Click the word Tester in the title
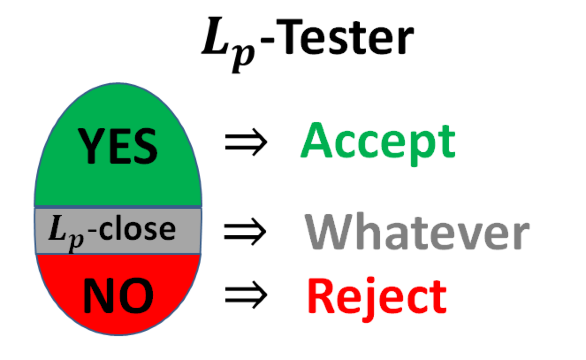[345, 37]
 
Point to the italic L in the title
[215, 36]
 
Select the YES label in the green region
[118, 146]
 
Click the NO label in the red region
[118, 295]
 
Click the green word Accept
[378, 144]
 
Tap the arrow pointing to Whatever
[245, 231]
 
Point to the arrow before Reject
[246, 295]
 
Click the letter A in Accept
[316, 140]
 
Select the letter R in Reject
[321, 295]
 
